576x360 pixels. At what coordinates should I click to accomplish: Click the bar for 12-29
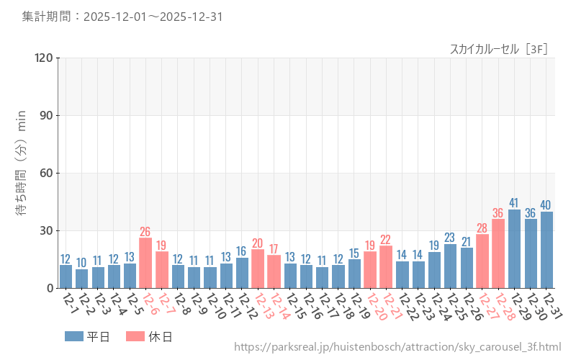[514, 249]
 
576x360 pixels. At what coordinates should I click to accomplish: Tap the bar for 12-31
[546, 250]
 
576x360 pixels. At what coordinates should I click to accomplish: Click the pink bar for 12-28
[498, 253]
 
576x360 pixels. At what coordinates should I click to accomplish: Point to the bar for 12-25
[450, 266]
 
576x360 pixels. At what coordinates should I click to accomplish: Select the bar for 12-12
[242, 273]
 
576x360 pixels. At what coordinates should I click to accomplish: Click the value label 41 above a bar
[514, 202]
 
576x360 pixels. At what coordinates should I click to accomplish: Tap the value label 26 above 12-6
[145, 231]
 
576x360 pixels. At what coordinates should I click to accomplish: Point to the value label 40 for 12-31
[546, 204]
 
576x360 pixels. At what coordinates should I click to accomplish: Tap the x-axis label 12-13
[261, 306]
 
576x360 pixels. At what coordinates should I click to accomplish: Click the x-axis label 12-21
[389, 306]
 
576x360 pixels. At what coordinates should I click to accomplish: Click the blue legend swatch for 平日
[74, 336]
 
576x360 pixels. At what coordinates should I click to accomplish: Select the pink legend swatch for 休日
[135, 336]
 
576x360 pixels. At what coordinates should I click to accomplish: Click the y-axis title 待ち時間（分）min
[22, 173]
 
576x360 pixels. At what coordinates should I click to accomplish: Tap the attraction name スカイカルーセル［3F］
[499, 49]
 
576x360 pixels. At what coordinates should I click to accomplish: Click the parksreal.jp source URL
[397, 348]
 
